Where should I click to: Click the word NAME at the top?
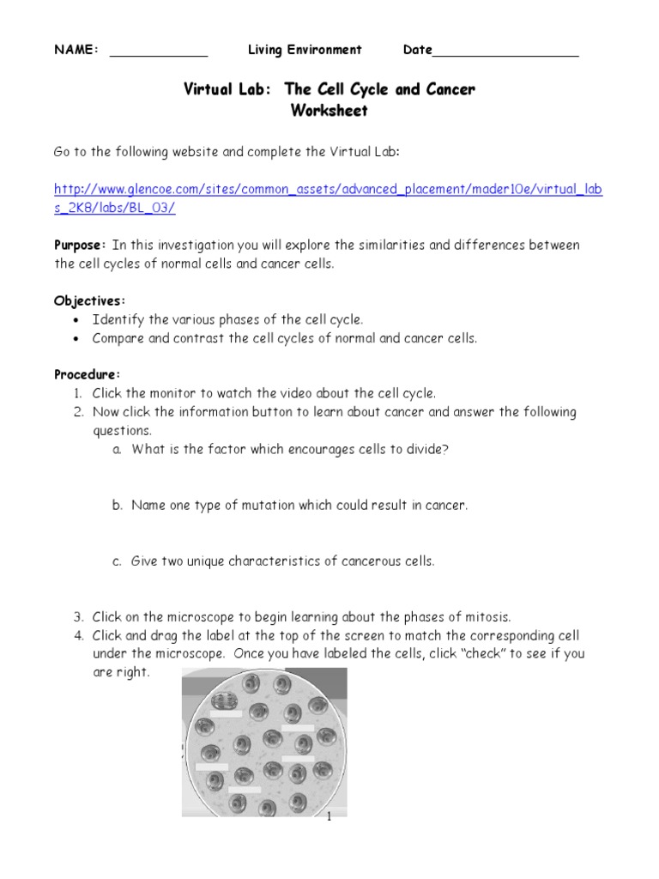(x=76, y=50)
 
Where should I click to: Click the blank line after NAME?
(x=159, y=53)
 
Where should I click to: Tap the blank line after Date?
(x=505, y=53)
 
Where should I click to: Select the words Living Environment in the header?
(x=305, y=50)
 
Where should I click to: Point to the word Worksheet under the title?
(x=329, y=111)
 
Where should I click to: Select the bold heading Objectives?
(x=89, y=300)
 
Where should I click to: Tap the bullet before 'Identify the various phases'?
(x=76, y=320)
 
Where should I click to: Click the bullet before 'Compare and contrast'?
(x=76, y=339)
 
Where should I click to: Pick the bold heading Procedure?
(x=88, y=374)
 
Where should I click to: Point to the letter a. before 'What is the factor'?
(x=117, y=449)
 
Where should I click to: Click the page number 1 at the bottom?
(x=329, y=817)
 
